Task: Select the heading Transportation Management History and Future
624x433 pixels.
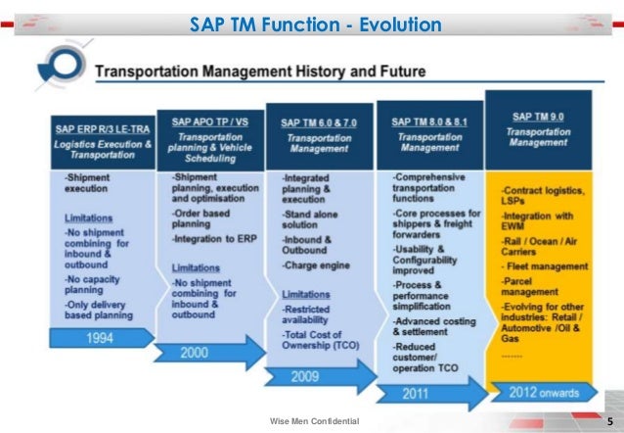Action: coord(260,72)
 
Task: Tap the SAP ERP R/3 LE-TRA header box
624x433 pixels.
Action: coord(102,139)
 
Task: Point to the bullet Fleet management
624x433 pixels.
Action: coord(545,265)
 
